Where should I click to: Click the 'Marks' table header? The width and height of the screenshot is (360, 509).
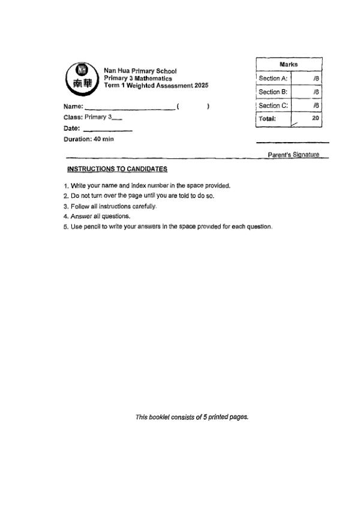[x=289, y=64]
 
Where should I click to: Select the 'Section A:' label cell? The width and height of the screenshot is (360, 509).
[x=273, y=78]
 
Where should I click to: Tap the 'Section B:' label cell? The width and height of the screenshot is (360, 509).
[x=273, y=92]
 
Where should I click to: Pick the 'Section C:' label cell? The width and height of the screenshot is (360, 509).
[x=273, y=106]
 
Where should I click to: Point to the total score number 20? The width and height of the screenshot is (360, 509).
[x=316, y=119]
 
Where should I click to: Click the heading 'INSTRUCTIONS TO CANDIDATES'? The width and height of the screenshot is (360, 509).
[x=109, y=170]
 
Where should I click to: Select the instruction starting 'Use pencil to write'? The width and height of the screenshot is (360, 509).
[x=168, y=226]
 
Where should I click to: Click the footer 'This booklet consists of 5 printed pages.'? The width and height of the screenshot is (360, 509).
[x=192, y=417]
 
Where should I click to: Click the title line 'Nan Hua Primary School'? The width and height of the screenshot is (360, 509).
[x=140, y=71]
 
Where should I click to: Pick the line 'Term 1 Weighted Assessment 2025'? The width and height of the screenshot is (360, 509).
[x=156, y=86]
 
